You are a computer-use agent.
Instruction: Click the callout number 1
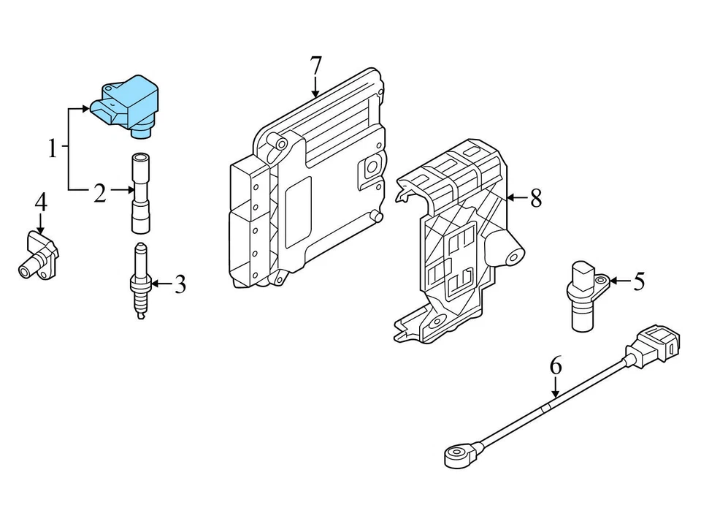point(52,150)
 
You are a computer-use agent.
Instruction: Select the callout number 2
point(100,193)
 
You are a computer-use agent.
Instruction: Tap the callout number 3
point(180,284)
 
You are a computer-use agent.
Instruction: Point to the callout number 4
point(41,202)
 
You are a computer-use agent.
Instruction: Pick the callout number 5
point(639,281)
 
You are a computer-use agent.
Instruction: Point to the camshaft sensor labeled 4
point(38,256)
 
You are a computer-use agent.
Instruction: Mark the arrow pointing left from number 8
point(516,197)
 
